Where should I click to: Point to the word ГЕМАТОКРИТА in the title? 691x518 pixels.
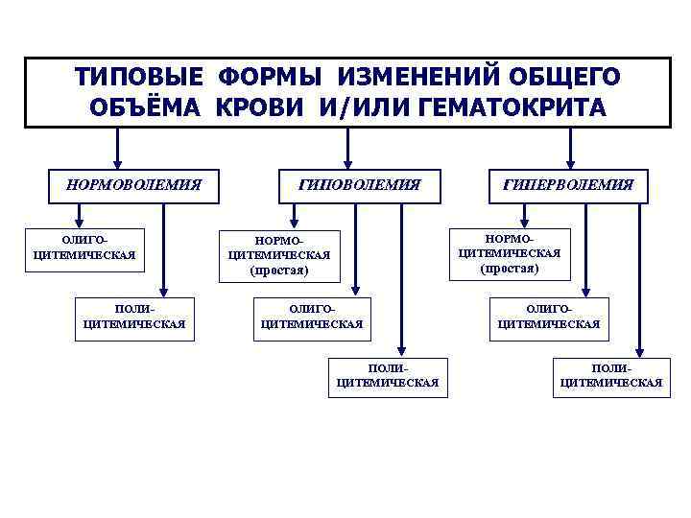click(512, 106)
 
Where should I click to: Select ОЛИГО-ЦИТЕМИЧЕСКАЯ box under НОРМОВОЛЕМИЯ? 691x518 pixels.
click(83, 248)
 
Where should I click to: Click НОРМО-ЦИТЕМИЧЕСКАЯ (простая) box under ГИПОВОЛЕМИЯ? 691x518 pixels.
click(278, 256)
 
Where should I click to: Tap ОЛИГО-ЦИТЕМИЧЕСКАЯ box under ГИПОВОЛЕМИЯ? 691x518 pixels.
click(311, 317)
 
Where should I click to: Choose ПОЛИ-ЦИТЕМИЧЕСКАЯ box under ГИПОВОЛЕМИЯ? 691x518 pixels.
click(388, 375)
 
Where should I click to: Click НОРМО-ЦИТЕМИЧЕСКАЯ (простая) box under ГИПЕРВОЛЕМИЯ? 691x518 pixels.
click(510, 253)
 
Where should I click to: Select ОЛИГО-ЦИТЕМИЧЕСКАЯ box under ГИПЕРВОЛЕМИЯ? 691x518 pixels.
click(548, 317)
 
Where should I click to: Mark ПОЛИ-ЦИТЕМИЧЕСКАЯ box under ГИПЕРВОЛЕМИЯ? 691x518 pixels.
click(611, 375)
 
